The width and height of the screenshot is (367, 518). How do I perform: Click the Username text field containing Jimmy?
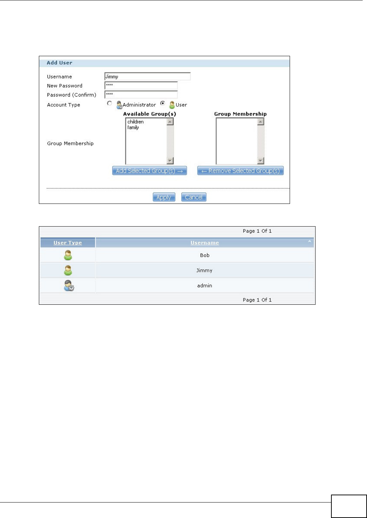pos(147,76)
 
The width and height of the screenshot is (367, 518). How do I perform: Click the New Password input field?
pos(141,85)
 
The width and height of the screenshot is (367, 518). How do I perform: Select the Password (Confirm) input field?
pos(141,94)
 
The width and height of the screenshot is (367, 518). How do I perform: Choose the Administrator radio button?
pos(109,103)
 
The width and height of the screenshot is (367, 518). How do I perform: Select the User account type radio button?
pos(163,103)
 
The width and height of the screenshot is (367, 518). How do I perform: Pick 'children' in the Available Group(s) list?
pos(136,122)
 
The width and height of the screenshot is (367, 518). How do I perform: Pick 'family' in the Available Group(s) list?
pos(133,128)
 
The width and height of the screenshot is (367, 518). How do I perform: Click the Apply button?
pos(164,197)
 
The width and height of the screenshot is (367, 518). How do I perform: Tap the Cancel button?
pos(194,197)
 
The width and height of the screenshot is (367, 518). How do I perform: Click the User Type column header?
pos(68,243)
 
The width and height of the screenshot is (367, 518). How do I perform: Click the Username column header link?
pos(205,243)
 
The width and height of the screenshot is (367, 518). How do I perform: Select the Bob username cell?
pos(205,255)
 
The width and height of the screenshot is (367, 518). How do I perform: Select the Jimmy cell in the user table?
pos(204,271)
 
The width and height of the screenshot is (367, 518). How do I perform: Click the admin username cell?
pos(205,286)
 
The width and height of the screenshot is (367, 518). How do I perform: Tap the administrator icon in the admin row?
pos(68,286)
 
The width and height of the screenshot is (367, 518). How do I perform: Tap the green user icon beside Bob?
pos(68,255)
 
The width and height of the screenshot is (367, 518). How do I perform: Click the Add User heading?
pos(59,63)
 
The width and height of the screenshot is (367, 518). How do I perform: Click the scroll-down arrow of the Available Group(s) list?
pos(170,161)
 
